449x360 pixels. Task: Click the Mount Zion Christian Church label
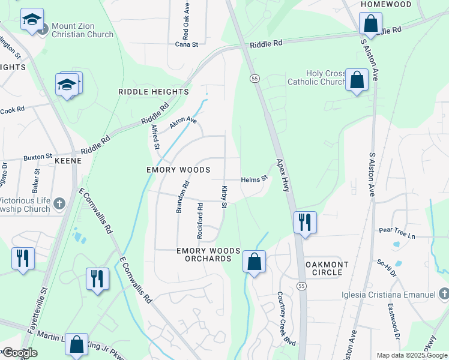[x=82, y=30]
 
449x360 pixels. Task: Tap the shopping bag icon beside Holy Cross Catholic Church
[x=357, y=80]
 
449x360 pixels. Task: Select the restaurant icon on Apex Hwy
[x=305, y=223]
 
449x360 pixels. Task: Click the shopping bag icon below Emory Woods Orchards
[x=255, y=262]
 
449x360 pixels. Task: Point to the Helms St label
[x=254, y=179]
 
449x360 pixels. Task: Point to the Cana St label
[x=187, y=44]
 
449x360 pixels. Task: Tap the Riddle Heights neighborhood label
[x=154, y=92]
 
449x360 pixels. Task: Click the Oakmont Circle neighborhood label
[x=324, y=268]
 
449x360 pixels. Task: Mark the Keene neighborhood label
[x=68, y=161]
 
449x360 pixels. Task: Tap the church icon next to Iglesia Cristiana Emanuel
[x=444, y=294]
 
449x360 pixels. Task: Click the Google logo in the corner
[x=19, y=353]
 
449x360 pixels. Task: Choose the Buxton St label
[x=38, y=157]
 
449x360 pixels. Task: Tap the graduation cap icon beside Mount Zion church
[x=32, y=20]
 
